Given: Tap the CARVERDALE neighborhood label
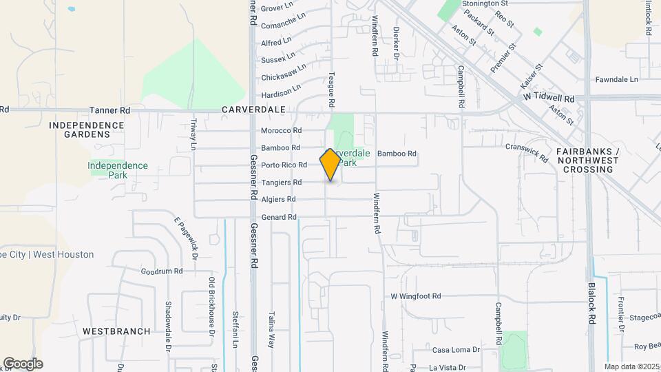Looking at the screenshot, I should (253, 110).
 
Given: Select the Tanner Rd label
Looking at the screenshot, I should (110, 110).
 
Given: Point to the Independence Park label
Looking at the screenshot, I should (118, 169).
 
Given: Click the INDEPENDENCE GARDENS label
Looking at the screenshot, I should (87, 130).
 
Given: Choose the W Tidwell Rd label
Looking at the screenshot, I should (549, 99).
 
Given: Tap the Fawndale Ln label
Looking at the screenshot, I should (617, 79).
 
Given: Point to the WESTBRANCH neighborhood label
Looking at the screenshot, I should (116, 331).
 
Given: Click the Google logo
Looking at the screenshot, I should (23, 364).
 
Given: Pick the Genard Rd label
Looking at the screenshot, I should (279, 217).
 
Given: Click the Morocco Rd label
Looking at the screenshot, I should (281, 130).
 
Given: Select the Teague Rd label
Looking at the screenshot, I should (331, 90).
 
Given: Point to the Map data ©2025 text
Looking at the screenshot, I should (631, 366).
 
